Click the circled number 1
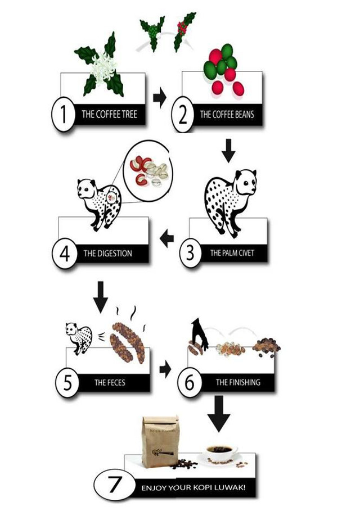[62, 114]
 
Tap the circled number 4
[64, 254]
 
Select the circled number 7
[115, 485]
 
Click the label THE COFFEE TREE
[110, 115]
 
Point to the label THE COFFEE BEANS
[227, 115]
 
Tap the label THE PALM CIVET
[232, 253]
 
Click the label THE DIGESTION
[107, 254]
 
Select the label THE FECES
[110, 383]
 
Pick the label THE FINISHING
[238, 382]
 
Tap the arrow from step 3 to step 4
[167, 238]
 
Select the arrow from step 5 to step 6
[165, 369]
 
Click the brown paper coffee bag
[160, 441]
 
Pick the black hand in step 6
[199, 333]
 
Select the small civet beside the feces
[79, 338]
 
